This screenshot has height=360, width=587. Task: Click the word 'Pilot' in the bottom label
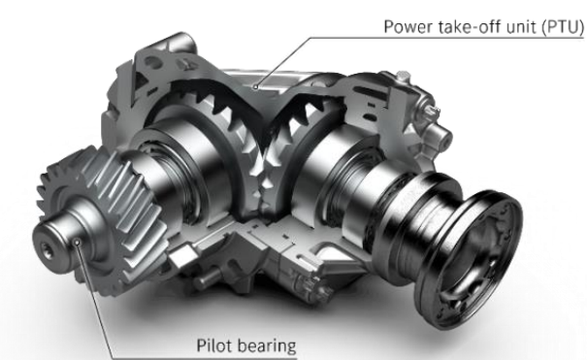click(212, 345)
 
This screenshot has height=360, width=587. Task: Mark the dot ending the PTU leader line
click(255, 86)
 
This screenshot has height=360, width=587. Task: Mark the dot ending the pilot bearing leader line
click(78, 243)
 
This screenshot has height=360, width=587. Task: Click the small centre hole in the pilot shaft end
click(47, 248)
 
